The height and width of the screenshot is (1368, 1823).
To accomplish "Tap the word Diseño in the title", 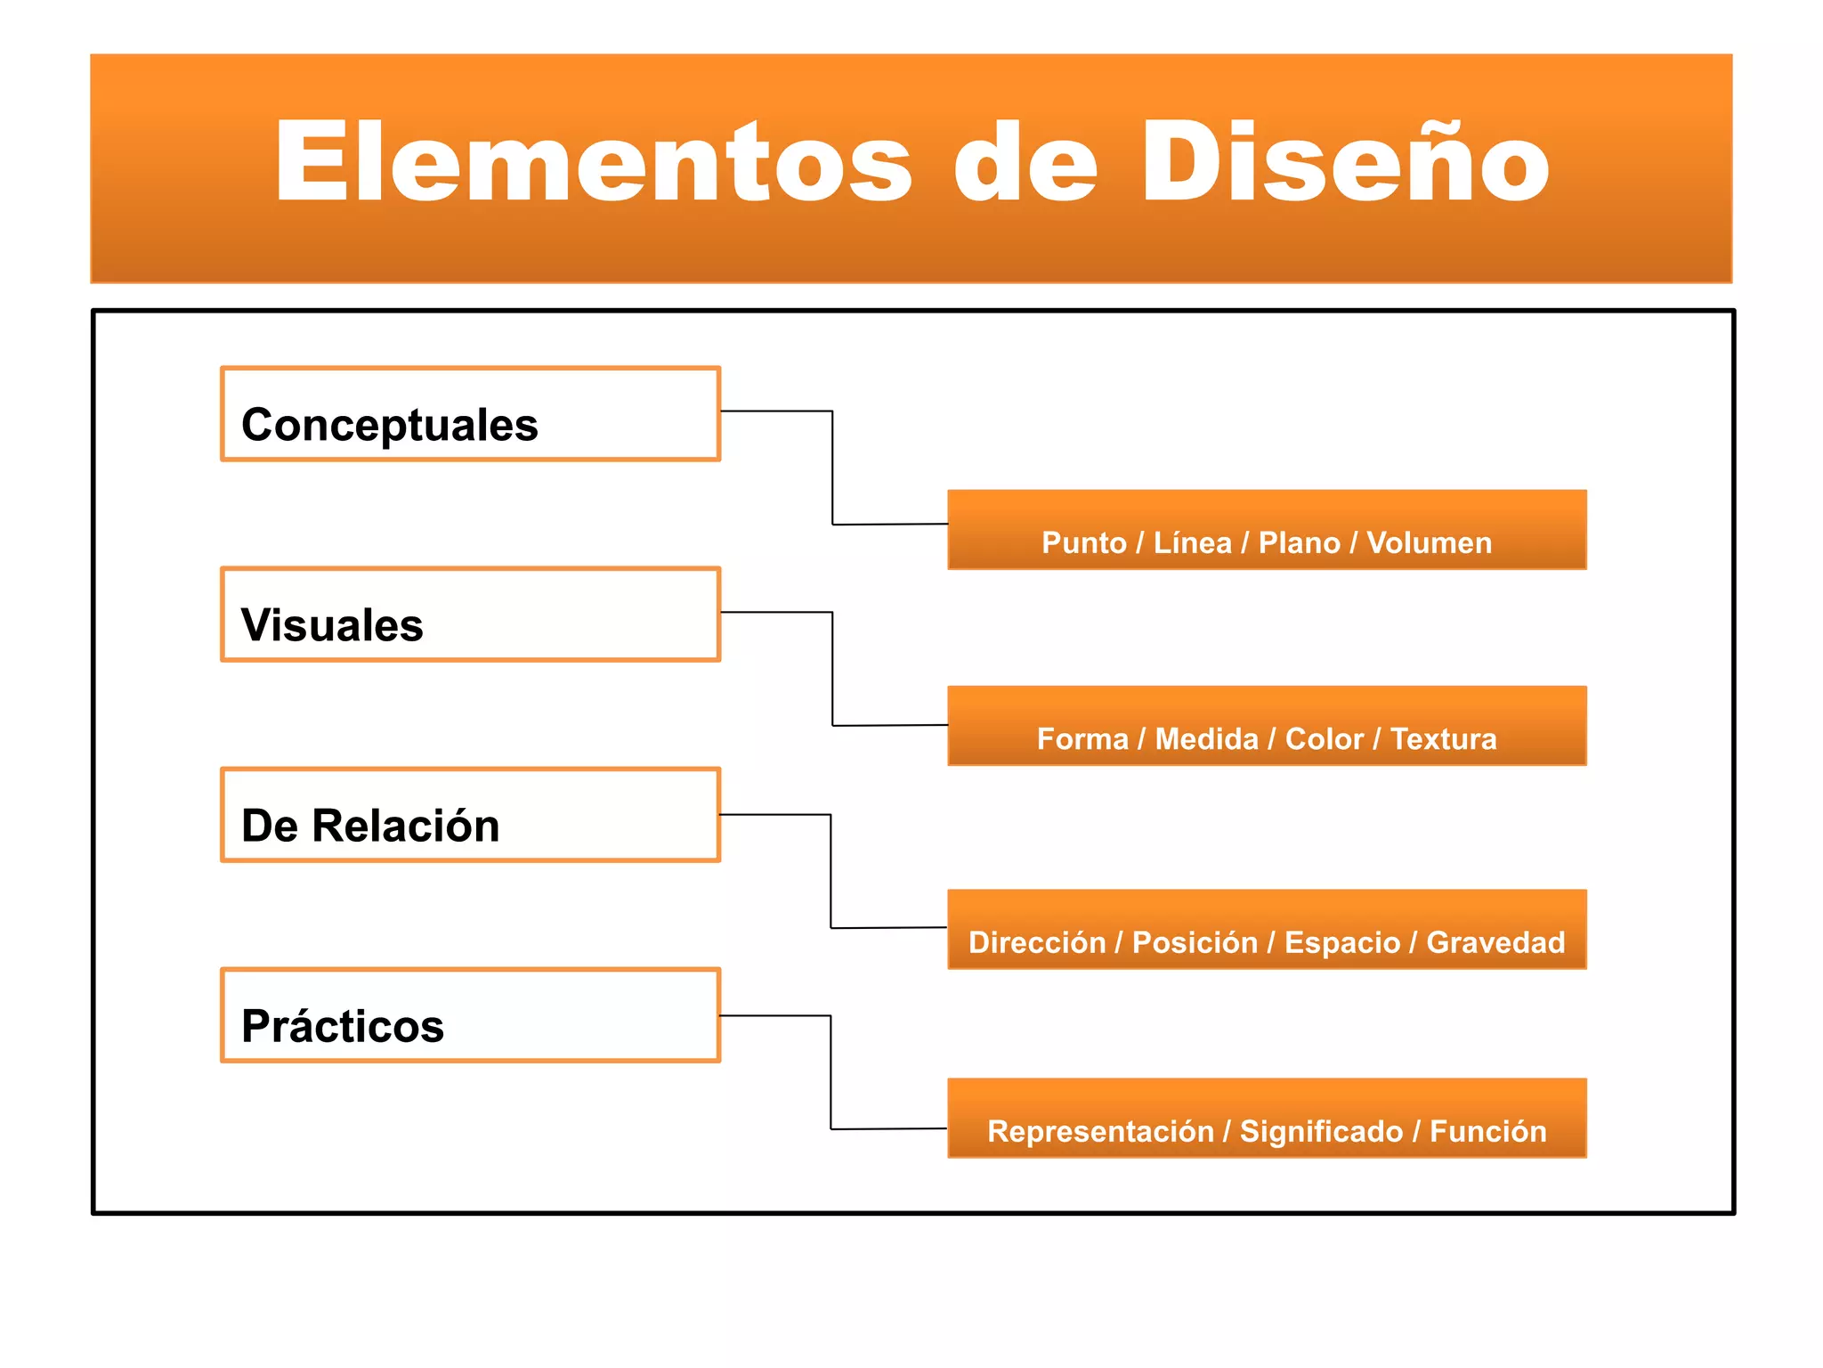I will [1345, 162].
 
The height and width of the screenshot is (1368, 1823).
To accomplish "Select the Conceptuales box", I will [470, 414].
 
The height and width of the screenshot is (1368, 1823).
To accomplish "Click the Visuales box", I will [470, 615].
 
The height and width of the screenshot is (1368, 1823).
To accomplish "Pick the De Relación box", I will [470, 815].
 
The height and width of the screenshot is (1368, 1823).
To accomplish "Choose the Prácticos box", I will [470, 1015].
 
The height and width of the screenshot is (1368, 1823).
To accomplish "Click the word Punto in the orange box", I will [1083, 542].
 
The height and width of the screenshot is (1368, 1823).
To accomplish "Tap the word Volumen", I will [1429, 542].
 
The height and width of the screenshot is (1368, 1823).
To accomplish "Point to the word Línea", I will [1193, 542].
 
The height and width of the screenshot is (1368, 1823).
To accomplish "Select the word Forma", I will [1082, 739].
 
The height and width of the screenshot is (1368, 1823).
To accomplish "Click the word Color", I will [1324, 739].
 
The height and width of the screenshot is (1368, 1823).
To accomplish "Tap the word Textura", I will [1443, 739].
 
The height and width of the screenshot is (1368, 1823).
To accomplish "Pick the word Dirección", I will [1036, 942].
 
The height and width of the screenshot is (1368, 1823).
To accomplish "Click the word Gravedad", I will [1495, 942].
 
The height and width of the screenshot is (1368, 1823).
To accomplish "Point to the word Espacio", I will [1341, 942].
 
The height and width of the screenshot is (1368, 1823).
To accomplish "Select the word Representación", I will [1100, 1131].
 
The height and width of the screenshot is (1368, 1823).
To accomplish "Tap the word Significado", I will [1321, 1131].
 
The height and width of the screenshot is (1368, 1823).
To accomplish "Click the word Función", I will [1487, 1131].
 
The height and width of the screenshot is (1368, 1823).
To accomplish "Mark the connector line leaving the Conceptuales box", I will [832, 468].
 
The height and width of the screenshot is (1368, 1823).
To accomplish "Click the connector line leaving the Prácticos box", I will [830, 1072].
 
